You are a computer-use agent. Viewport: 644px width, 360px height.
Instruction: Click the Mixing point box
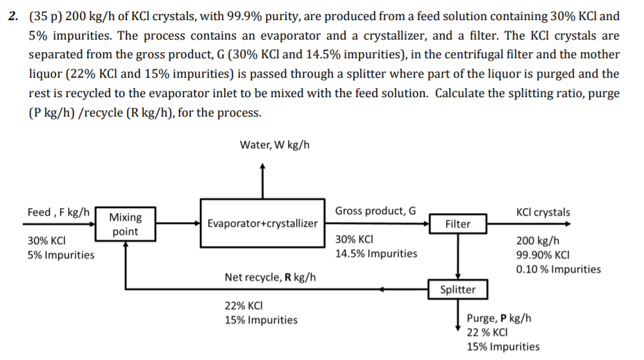(x=125, y=224)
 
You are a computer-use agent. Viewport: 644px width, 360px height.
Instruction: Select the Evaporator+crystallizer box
(x=263, y=223)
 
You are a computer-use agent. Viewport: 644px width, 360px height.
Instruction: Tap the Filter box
(x=457, y=223)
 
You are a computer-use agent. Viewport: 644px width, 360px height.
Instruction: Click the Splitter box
(x=458, y=289)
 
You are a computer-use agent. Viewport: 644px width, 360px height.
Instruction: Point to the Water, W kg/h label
(x=274, y=144)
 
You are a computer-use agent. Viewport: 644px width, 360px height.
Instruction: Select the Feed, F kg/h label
(x=58, y=212)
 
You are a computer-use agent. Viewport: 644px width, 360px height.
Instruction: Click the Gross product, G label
(x=375, y=211)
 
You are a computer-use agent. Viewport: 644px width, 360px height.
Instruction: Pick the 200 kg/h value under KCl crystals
(x=536, y=241)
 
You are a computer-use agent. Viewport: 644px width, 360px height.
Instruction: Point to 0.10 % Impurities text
(x=559, y=269)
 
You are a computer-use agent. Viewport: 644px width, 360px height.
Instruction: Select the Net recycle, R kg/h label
(x=270, y=277)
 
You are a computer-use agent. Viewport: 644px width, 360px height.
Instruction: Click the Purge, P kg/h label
(x=500, y=318)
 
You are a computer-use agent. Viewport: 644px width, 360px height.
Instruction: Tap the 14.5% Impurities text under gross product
(x=376, y=253)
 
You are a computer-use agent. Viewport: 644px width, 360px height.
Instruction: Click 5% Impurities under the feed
(x=61, y=255)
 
